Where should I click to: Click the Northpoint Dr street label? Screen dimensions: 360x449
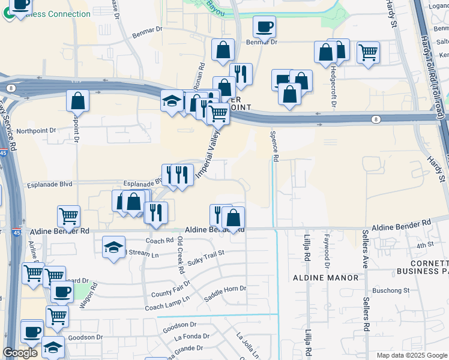pos(36,130)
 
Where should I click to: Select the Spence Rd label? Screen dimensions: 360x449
pos(276,147)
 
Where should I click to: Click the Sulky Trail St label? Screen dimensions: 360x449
pos(205,257)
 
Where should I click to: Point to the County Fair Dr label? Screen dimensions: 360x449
pos(170,288)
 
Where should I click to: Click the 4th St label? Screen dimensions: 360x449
pos(425,245)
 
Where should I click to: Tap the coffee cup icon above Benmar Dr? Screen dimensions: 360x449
pos(264,26)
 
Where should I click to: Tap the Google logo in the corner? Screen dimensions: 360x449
pos(20,353)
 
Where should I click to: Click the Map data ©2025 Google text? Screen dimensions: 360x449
pos(411,355)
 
